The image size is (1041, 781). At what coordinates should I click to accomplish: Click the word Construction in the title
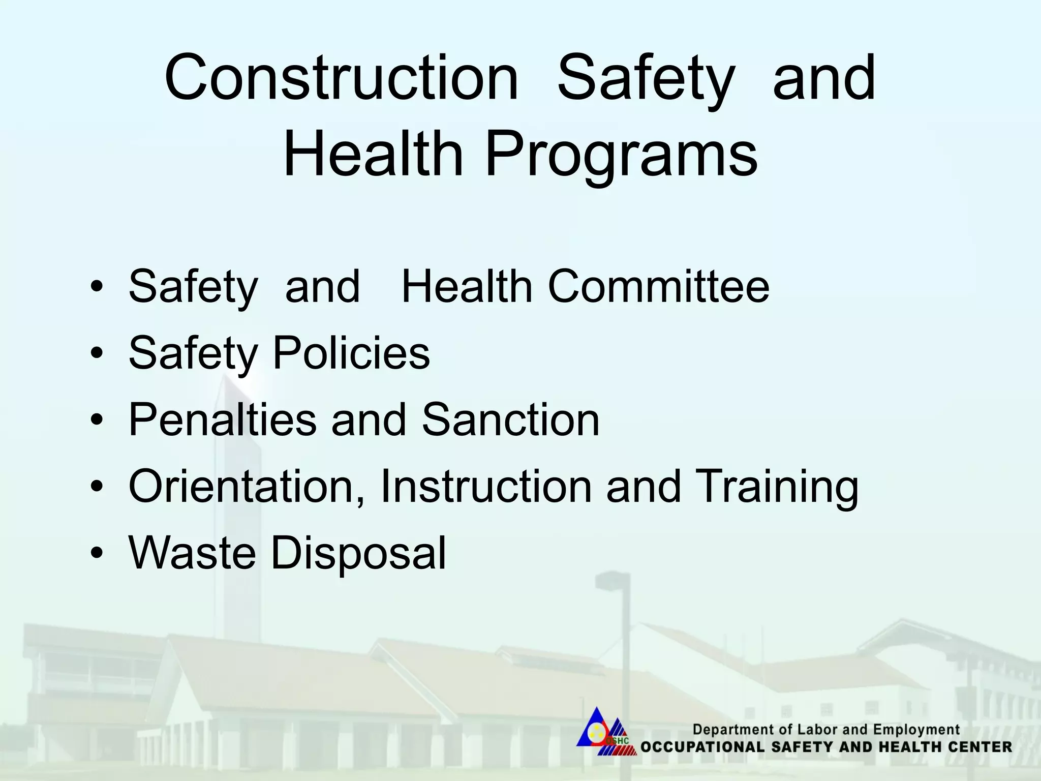click(x=341, y=79)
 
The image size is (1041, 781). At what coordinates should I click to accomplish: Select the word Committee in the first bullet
click(x=658, y=286)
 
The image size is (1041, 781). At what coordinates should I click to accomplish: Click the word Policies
click(x=351, y=353)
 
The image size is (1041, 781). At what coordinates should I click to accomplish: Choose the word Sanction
click(x=510, y=419)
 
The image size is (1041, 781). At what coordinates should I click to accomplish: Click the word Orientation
click(x=246, y=487)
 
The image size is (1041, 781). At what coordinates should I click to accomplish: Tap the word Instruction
click(x=486, y=487)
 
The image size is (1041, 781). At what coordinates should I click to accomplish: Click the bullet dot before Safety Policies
click(x=97, y=354)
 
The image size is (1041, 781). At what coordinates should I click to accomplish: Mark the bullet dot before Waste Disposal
click(x=97, y=554)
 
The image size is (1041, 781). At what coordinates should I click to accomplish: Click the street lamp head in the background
click(x=613, y=580)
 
